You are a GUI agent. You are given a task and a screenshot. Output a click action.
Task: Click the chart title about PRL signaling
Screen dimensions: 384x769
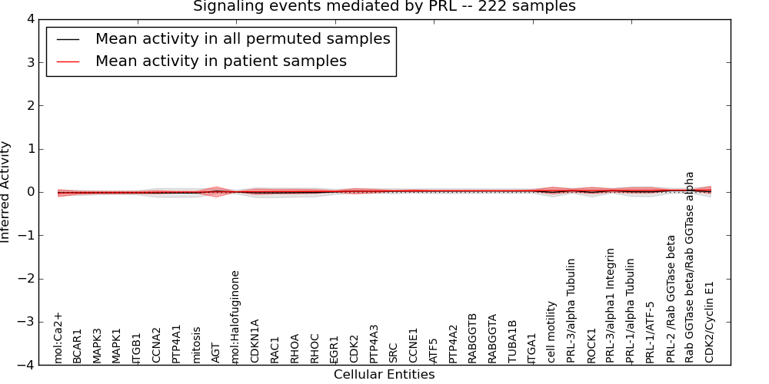click(384, 7)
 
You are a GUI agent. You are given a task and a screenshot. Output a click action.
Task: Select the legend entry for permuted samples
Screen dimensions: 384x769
click(242, 38)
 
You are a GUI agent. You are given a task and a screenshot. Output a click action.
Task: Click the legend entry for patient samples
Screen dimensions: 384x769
click(221, 61)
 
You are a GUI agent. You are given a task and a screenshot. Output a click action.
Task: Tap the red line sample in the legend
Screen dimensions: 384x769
click(68, 61)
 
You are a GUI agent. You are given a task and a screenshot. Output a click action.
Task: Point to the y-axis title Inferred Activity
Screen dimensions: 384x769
click(6, 191)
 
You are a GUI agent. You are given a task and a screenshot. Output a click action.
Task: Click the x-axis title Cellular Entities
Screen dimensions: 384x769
click(384, 375)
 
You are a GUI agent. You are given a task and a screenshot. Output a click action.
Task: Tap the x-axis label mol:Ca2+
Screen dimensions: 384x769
click(58, 337)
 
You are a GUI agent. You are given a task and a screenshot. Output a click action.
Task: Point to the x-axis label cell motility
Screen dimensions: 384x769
click(551, 332)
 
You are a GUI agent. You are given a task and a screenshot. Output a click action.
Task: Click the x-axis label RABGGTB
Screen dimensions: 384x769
click(472, 338)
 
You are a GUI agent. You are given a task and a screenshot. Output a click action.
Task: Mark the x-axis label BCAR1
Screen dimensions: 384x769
click(77, 346)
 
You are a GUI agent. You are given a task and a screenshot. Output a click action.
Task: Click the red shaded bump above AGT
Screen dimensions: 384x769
click(216, 189)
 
